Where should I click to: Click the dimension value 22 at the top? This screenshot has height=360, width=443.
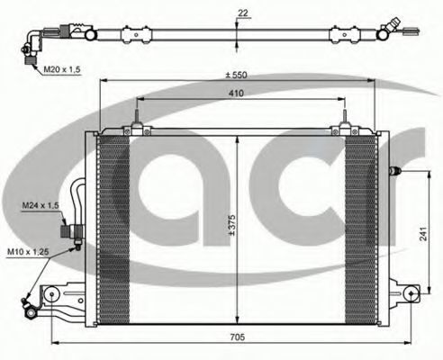point(243,13)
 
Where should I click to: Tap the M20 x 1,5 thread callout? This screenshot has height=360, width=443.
point(62,69)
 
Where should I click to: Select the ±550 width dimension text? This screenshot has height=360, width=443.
point(237,75)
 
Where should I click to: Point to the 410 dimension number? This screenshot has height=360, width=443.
point(236,94)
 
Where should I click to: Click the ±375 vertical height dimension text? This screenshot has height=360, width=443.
point(231,225)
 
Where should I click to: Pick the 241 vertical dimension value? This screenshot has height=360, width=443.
point(422,234)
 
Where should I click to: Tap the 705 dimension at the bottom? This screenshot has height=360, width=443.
point(238,337)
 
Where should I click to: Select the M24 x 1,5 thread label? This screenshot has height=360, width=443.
point(41,206)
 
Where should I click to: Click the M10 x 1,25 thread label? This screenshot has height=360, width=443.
point(28,251)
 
